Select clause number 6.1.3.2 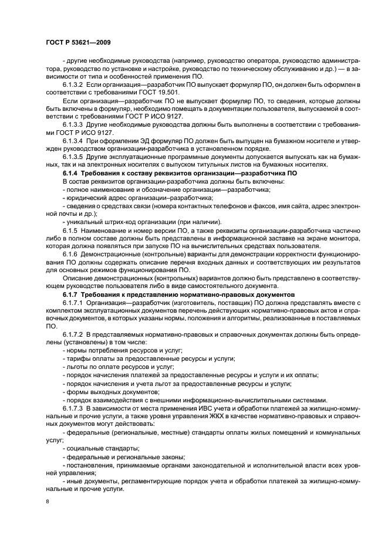(73, 85)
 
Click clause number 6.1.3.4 (73, 140)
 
